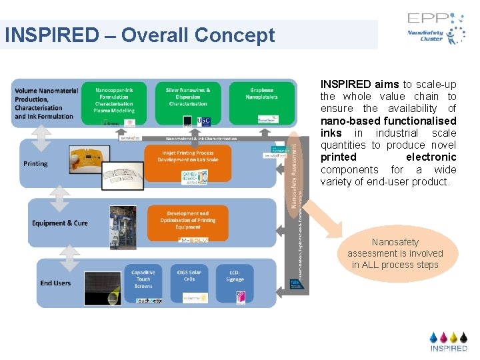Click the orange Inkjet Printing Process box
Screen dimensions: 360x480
188,163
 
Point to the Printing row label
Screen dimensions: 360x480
35,163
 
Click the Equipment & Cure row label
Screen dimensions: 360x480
60,223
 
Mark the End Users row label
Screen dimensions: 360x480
55,283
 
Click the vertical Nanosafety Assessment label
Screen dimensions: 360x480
293,170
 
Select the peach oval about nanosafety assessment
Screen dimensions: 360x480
395,253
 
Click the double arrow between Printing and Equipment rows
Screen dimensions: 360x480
59,191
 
